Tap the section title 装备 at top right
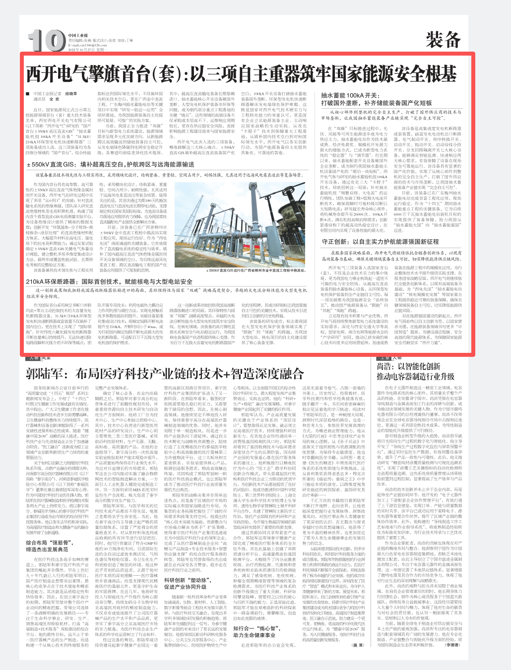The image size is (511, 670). pos(443,39)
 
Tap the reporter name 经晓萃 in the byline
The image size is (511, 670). pos(71,93)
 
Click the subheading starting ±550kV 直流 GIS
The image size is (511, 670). pos(110,164)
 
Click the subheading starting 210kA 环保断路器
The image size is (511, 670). pos(109,281)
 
